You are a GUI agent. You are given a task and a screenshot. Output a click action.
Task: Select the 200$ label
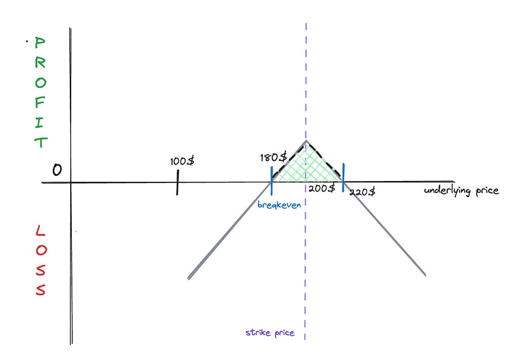[x=322, y=188]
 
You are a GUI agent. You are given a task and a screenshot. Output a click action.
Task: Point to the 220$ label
[x=362, y=192]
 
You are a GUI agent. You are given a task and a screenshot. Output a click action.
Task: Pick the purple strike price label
[x=270, y=333]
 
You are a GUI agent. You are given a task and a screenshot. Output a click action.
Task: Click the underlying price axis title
[x=461, y=191]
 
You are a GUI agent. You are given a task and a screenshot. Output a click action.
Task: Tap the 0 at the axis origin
[x=57, y=170]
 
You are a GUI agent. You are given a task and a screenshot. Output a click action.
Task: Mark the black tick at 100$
[x=178, y=182]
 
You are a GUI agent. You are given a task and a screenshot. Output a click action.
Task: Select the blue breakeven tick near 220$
[x=343, y=177]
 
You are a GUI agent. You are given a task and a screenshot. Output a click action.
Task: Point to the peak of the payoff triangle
[x=306, y=141]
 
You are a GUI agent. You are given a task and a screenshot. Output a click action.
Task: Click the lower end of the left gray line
[x=189, y=278]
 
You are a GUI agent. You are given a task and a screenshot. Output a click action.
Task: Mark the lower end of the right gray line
[x=425, y=275]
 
